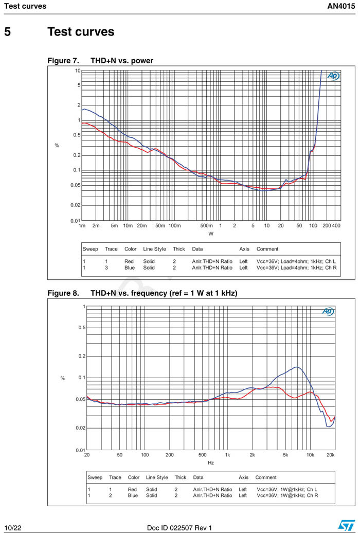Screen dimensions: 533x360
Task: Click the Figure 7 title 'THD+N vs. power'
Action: point(122,61)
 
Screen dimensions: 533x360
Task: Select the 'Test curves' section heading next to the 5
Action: point(81,32)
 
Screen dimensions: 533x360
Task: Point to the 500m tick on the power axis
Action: point(206,226)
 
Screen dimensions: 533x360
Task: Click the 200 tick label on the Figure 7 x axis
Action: point(327,226)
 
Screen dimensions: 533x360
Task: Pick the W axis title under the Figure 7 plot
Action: point(210,234)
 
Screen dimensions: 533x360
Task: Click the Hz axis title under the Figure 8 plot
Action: point(211,463)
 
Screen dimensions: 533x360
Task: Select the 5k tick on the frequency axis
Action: point(285,455)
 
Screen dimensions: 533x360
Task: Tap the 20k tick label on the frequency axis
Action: point(330,455)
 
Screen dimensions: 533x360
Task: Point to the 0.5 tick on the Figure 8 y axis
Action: point(81,328)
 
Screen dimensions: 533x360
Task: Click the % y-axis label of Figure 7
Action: point(57,146)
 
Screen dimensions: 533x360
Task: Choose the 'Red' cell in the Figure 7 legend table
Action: point(129,261)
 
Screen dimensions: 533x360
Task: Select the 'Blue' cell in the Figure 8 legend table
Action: point(133,495)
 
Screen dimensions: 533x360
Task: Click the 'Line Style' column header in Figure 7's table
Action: point(154,249)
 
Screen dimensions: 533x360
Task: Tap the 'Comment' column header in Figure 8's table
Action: point(266,477)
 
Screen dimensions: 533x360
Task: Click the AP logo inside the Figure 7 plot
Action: point(333,76)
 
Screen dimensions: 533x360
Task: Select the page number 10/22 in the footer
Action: point(12,527)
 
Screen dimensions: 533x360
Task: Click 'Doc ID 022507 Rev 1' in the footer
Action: point(179,527)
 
